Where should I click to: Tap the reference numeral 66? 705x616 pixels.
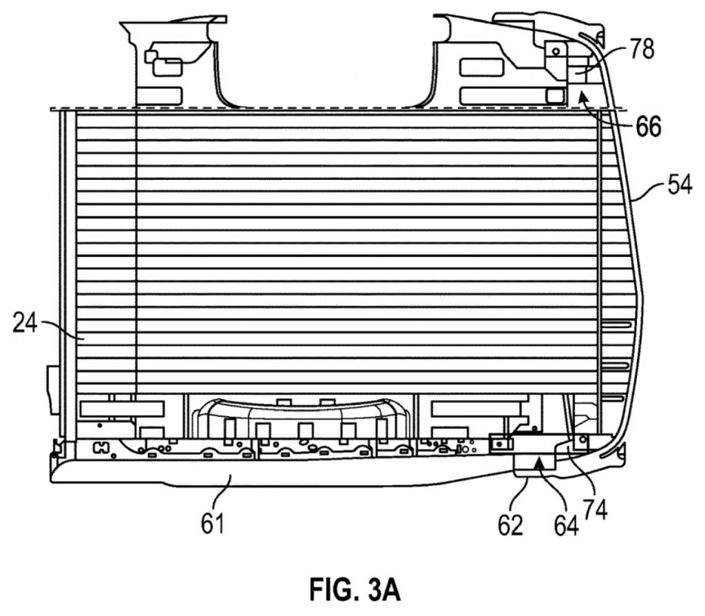tap(648, 126)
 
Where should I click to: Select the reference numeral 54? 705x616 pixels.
tap(680, 184)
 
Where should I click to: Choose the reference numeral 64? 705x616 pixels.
tap(566, 526)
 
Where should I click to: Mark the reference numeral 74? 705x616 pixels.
tap(595, 509)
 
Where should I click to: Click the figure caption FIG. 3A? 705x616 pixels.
tap(355, 589)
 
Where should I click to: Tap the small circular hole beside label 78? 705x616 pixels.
tap(556, 51)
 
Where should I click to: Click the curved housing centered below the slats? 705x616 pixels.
tap(300, 418)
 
